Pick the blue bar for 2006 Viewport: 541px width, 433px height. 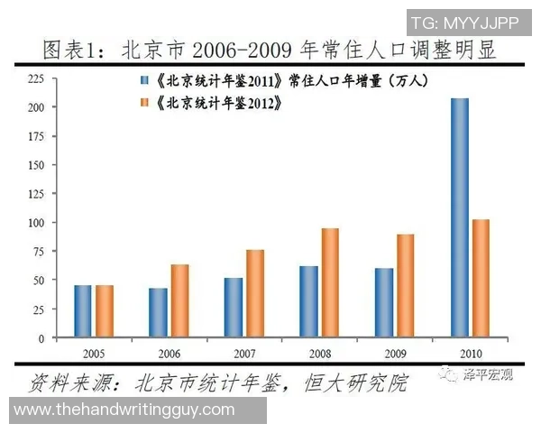tap(158, 312)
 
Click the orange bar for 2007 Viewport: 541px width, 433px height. tap(255, 293)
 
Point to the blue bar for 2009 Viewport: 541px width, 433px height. tap(383, 302)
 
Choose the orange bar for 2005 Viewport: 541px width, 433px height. tap(105, 310)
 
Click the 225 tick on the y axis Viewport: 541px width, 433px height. tap(37, 78)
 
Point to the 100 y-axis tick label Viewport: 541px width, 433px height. tap(37, 222)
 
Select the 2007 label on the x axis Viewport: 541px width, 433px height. tap(244, 352)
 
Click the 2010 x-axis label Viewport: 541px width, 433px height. tap(470, 352)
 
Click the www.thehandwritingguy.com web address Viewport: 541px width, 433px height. tap(125, 410)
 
